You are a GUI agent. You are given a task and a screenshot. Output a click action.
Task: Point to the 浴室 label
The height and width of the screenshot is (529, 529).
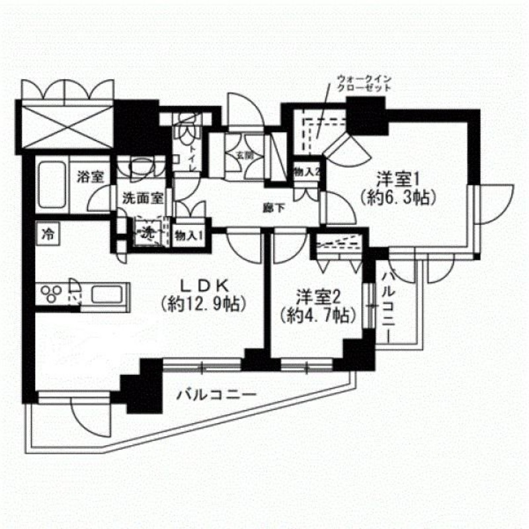tap(90, 177)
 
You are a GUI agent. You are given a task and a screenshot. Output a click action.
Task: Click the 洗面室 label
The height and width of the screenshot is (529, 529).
tap(142, 196)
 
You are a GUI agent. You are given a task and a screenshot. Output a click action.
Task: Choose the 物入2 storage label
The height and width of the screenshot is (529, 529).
tap(307, 172)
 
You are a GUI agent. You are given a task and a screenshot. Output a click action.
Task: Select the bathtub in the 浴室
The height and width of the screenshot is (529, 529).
tap(50, 185)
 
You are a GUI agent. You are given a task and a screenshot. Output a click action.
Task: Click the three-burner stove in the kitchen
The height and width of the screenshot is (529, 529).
tap(52, 292)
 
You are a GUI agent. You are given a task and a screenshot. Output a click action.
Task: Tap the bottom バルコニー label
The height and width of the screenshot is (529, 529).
tap(216, 395)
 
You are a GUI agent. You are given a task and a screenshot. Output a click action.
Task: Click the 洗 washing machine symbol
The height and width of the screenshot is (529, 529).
tap(148, 233)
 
